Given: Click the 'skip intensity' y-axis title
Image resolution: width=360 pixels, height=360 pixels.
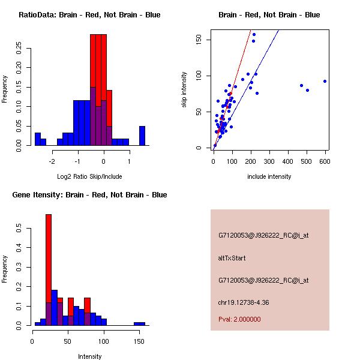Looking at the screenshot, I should click(x=184, y=89).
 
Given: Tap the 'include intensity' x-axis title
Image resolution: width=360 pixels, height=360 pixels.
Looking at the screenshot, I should click(x=269, y=176).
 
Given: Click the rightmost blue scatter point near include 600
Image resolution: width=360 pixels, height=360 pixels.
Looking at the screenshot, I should click(x=325, y=81).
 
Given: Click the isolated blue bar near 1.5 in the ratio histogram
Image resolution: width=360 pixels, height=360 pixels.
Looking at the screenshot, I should click(x=142, y=136).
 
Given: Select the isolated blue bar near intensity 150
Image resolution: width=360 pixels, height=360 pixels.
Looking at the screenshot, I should click(x=140, y=323).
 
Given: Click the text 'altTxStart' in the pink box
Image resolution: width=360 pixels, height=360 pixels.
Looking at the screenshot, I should click(x=232, y=258).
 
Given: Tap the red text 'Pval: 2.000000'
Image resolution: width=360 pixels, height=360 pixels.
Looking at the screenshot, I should click(x=239, y=319).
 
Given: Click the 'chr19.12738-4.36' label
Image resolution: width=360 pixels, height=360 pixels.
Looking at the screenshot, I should click(x=244, y=302).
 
